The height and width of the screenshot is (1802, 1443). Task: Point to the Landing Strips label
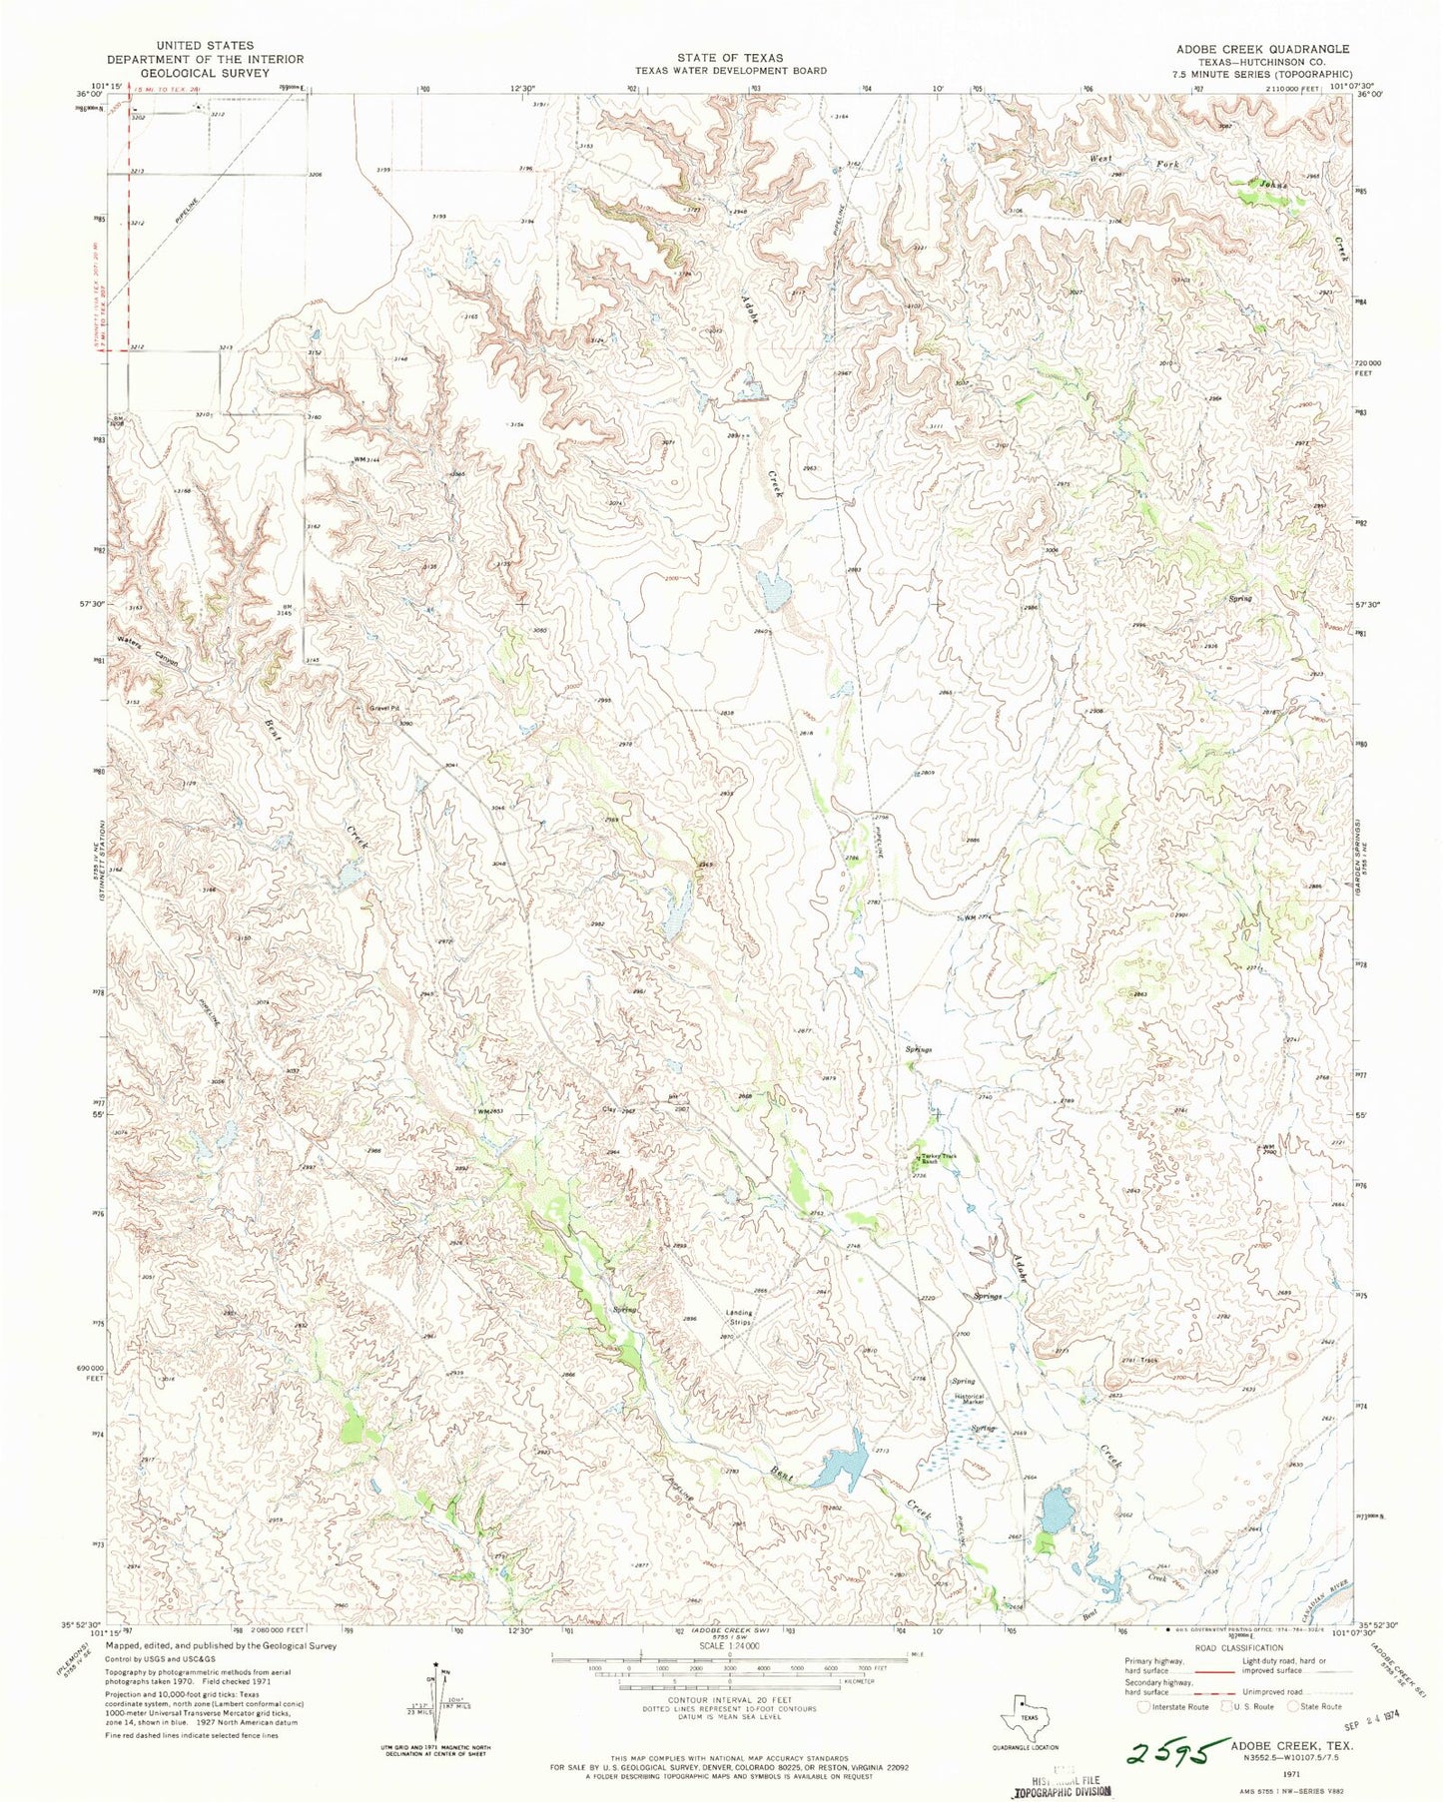(x=739, y=1317)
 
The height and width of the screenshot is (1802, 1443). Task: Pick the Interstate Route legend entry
(x=1175, y=1706)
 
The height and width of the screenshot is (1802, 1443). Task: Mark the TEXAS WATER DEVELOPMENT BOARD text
(x=730, y=71)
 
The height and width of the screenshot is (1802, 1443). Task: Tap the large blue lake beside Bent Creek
(x=841, y=1466)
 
